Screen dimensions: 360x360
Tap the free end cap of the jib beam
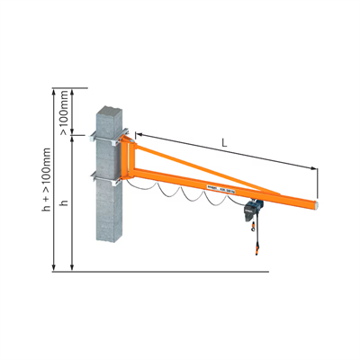coord(319,204)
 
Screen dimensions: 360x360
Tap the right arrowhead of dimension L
coord(318,167)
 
